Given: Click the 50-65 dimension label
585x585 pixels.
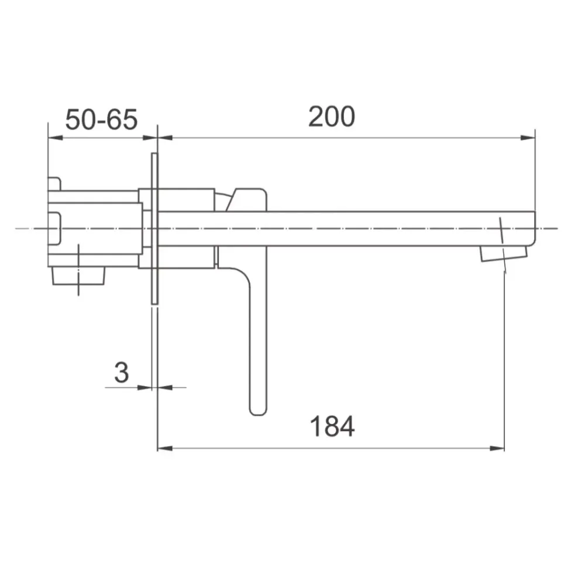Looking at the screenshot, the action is coord(101,120).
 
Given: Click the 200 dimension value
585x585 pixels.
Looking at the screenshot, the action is coord(332,117).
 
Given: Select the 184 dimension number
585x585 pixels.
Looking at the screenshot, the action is coord(332,426).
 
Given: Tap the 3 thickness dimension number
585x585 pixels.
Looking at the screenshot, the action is coord(122,372).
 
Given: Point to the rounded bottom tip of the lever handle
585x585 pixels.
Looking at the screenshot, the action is coord(258,412).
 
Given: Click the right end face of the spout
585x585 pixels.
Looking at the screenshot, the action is coord(535,228).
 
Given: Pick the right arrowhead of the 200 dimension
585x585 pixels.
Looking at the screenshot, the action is coord(528,137).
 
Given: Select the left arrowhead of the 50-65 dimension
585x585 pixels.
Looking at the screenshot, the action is coord(56,137).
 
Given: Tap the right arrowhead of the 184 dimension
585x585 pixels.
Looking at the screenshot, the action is coord(497,448).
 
